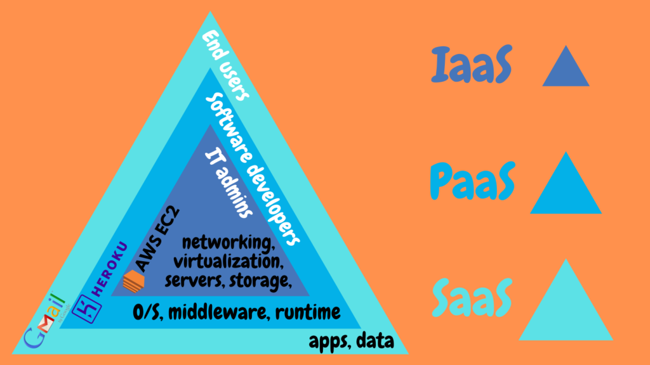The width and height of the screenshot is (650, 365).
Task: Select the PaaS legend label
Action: [x=472, y=181]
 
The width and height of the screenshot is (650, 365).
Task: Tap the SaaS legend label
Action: [x=472, y=298]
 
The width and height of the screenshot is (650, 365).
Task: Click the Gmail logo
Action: [x=45, y=321]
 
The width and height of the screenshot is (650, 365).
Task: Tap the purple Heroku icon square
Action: [x=86, y=309]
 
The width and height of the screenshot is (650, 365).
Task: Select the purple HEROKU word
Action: [x=109, y=269]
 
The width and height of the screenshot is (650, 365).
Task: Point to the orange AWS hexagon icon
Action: [x=134, y=281]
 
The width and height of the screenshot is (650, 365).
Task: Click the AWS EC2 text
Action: [x=157, y=239]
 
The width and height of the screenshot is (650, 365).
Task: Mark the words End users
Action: [x=226, y=65]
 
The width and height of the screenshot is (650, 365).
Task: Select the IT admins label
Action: [x=229, y=184]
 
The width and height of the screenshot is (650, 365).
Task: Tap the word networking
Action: [x=229, y=243]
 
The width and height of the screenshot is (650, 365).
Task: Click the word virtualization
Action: [x=229, y=262]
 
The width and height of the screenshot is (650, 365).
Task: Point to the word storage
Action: [x=260, y=281]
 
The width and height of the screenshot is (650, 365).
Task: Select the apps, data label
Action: [x=352, y=342]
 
